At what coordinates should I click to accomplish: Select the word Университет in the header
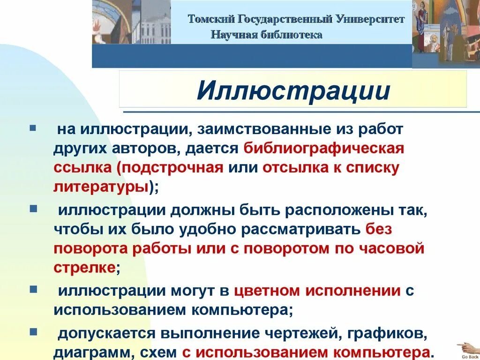[370, 19]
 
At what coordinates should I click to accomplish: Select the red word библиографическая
[324, 148]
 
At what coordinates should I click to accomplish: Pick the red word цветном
[266, 291]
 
